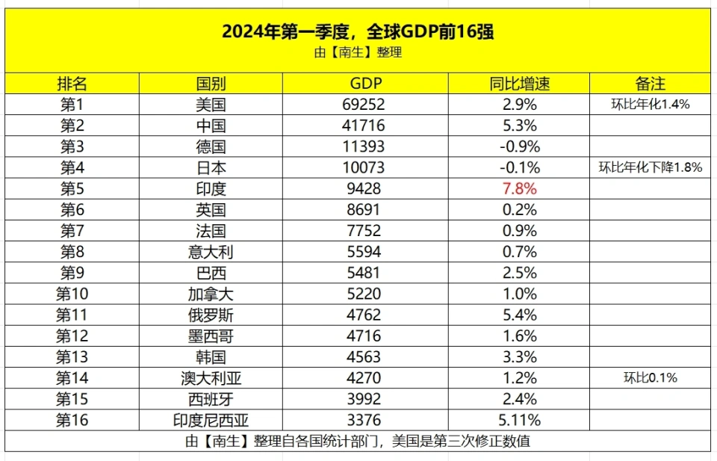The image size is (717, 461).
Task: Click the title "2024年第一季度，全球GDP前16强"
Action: pos(358,31)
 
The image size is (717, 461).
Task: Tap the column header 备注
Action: pos(650,83)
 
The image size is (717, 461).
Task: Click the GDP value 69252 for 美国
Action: pos(364,105)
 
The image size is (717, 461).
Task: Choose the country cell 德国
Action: pos(211,146)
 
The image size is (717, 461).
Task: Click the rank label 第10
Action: pos(72,294)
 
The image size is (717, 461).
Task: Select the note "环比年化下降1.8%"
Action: pos(650,167)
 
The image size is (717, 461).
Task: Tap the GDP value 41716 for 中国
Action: pos(364,126)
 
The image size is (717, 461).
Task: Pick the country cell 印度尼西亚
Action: pos(211,420)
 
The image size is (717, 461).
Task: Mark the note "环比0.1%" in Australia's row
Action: pos(650,378)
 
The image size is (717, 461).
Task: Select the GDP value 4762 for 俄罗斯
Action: pos(364,315)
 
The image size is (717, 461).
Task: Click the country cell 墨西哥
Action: pos(211,335)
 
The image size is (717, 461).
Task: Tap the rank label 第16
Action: pos(72,420)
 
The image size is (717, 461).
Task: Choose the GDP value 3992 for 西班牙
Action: pos(364,399)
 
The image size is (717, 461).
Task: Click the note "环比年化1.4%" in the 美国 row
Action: pos(650,105)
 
